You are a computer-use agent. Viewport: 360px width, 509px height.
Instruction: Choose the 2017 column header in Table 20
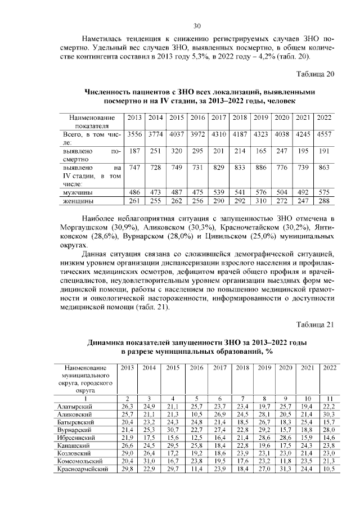pos(218,118)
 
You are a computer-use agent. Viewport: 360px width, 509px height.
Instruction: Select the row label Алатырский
pos(77,406)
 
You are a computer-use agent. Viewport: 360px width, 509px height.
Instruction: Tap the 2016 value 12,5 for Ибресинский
pos(196,437)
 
